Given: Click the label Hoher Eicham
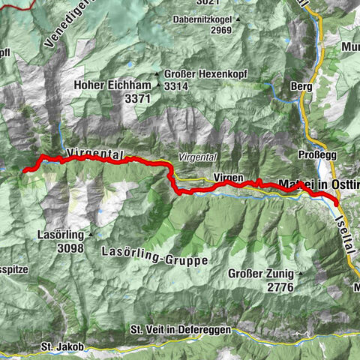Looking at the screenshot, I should (x=113, y=85).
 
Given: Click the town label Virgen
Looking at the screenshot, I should (x=228, y=178).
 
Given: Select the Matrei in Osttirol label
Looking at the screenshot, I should (x=319, y=184).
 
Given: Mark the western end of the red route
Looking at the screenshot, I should (x=25, y=171).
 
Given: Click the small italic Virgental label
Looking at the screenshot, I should (x=196, y=157).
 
